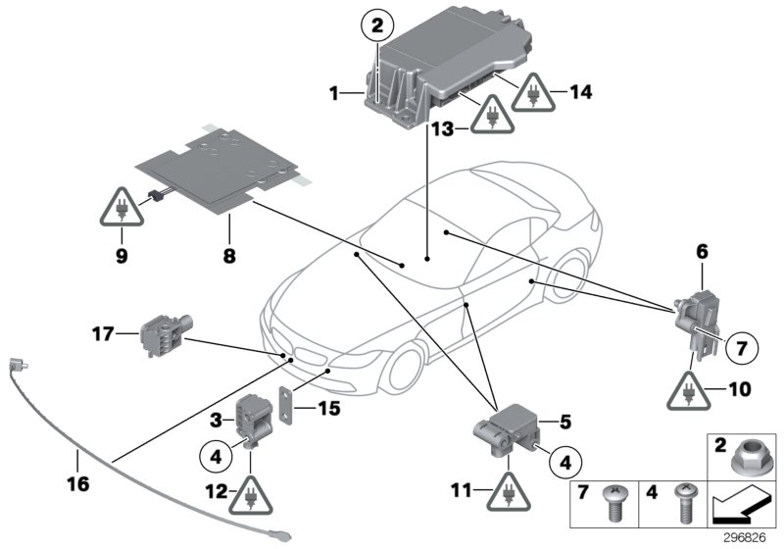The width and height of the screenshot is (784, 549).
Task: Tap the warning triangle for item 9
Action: (x=121, y=209)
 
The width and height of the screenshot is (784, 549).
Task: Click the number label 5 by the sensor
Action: (x=538, y=424)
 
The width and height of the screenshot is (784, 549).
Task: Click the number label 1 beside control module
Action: (x=334, y=94)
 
